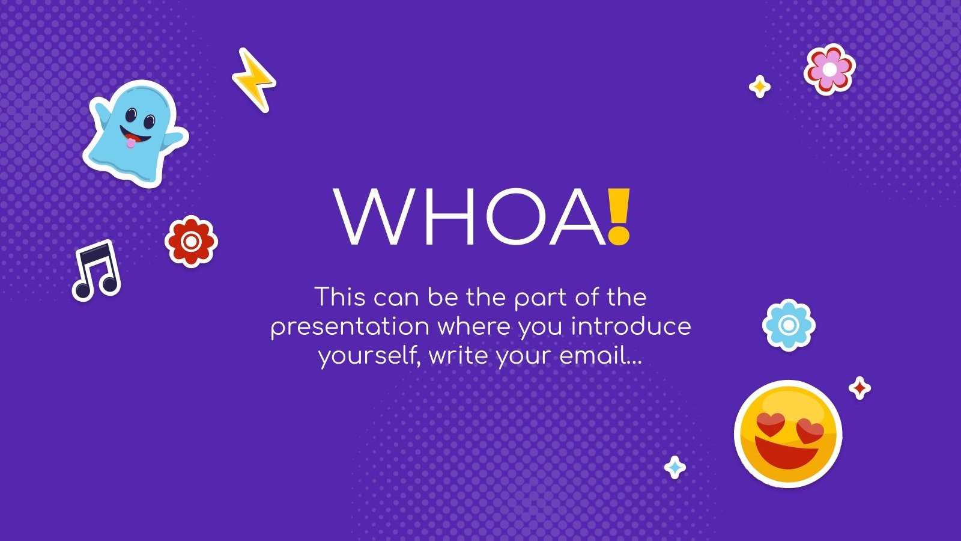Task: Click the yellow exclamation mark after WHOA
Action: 618,216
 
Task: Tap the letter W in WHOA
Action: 378,217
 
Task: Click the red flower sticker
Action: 191,241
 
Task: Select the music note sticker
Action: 96,270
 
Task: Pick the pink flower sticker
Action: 829,69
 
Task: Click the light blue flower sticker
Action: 789,325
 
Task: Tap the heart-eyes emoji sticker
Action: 787,433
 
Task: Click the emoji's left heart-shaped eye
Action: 770,424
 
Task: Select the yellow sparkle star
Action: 760,87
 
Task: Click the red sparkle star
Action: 859,388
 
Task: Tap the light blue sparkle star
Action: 675,467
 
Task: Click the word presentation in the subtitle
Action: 350,327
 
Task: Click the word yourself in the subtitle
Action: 368,356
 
